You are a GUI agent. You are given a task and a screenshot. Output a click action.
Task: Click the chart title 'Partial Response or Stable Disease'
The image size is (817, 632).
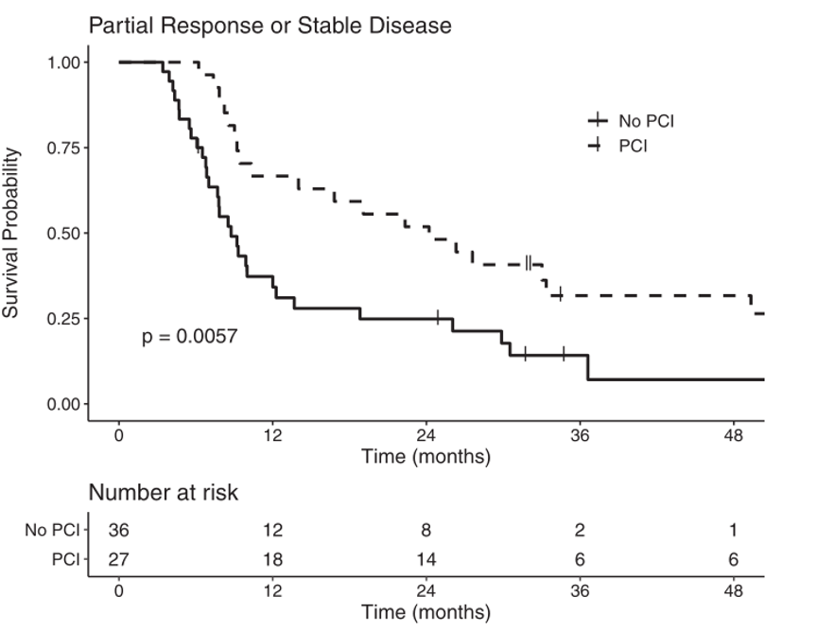(269, 26)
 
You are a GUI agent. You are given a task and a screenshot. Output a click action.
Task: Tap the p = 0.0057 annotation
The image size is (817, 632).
(189, 336)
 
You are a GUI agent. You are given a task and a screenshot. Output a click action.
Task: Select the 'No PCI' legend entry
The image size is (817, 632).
(646, 120)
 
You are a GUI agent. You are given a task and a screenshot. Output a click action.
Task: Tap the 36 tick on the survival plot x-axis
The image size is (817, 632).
(580, 435)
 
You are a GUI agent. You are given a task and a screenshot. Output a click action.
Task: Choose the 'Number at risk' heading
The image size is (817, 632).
(164, 493)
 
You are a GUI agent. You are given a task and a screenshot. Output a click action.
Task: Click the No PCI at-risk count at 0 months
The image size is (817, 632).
(119, 531)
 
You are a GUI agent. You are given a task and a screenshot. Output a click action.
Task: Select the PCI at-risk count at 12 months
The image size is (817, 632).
(272, 559)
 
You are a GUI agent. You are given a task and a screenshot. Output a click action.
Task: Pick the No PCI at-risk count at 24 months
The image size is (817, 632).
(426, 531)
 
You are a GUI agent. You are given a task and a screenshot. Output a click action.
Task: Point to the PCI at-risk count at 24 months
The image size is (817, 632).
(426, 559)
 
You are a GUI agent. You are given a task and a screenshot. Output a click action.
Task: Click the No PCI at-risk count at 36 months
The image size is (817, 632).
(580, 531)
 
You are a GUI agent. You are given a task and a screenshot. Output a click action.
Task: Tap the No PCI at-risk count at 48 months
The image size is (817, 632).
(733, 531)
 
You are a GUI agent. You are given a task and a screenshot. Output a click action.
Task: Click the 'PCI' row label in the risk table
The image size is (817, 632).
(66, 559)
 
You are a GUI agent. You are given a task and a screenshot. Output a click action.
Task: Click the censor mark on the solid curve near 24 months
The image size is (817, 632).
(438, 318)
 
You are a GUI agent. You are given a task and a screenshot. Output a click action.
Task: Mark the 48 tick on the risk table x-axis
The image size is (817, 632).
(733, 591)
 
